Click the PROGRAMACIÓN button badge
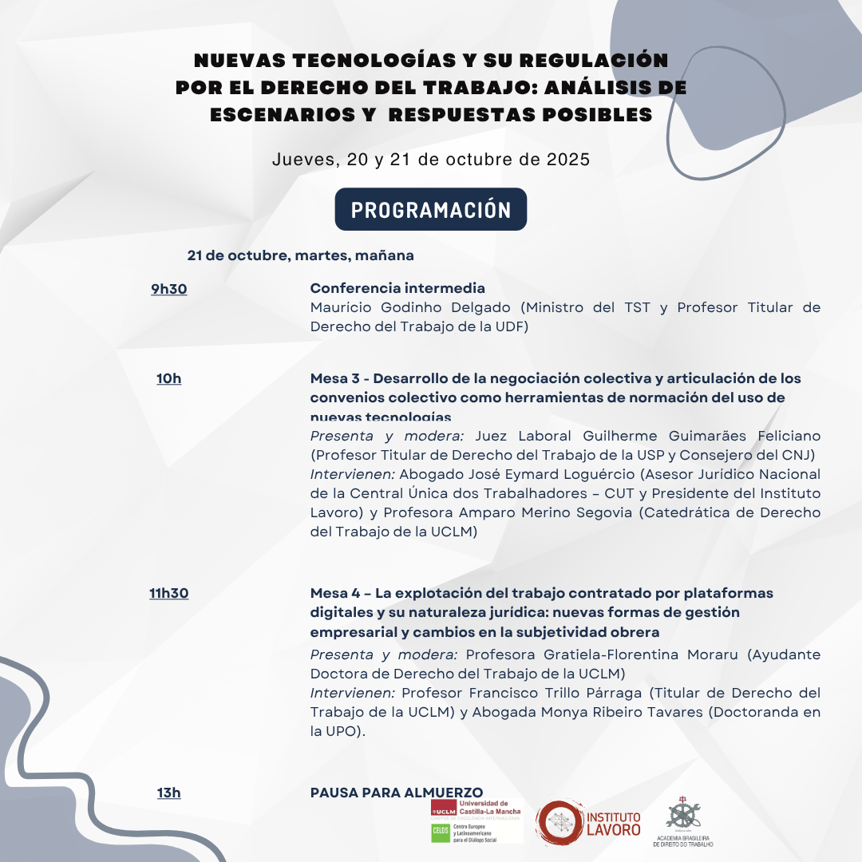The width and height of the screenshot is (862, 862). (x=431, y=209)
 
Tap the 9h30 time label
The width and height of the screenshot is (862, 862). (x=169, y=289)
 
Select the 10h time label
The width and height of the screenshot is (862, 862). (x=169, y=378)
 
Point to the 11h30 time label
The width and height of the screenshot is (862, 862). (x=169, y=593)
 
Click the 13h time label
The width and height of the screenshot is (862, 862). (x=169, y=793)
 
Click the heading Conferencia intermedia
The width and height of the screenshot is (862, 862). (x=397, y=288)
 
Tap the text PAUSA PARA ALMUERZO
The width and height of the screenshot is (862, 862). (x=397, y=792)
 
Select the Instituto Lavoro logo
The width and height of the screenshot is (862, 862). (x=589, y=824)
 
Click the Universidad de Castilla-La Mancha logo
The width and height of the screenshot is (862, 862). (x=476, y=807)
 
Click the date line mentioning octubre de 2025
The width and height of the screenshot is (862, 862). (x=431, y=159)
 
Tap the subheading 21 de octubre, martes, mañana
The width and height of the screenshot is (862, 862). (x=301, y=256)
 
